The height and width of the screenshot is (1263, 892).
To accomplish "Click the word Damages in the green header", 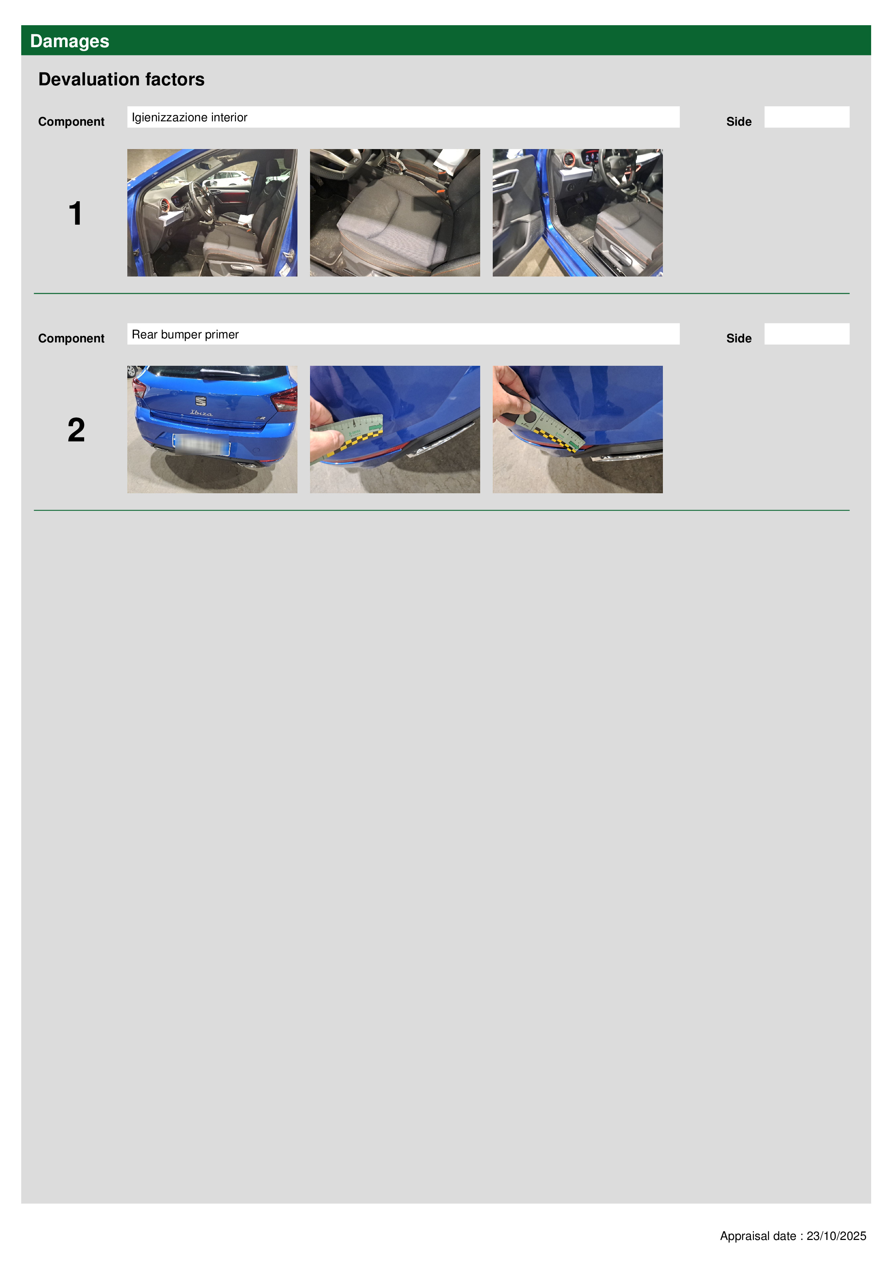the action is coord(70,41).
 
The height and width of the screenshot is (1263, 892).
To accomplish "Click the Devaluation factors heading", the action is coord(122,79).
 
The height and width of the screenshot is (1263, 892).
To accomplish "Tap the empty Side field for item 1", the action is coord(806,117).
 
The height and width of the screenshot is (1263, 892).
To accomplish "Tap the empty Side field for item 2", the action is coord(806,334).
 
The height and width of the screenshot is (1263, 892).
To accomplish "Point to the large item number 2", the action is coord(76,430).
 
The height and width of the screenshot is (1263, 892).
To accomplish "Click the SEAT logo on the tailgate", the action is coord(201,401).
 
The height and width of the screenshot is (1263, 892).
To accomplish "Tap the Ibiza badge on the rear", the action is coord(201,413).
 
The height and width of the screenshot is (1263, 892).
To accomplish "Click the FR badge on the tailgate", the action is coord(261,418).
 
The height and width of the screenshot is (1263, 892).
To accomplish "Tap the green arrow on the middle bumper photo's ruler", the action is coord(376,427).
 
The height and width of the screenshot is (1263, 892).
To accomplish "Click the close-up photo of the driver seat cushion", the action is coord(395,213).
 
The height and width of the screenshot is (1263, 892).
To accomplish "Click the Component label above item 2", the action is coord(71,338).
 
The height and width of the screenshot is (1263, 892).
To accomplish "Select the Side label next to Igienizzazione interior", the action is coord(739,122).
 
